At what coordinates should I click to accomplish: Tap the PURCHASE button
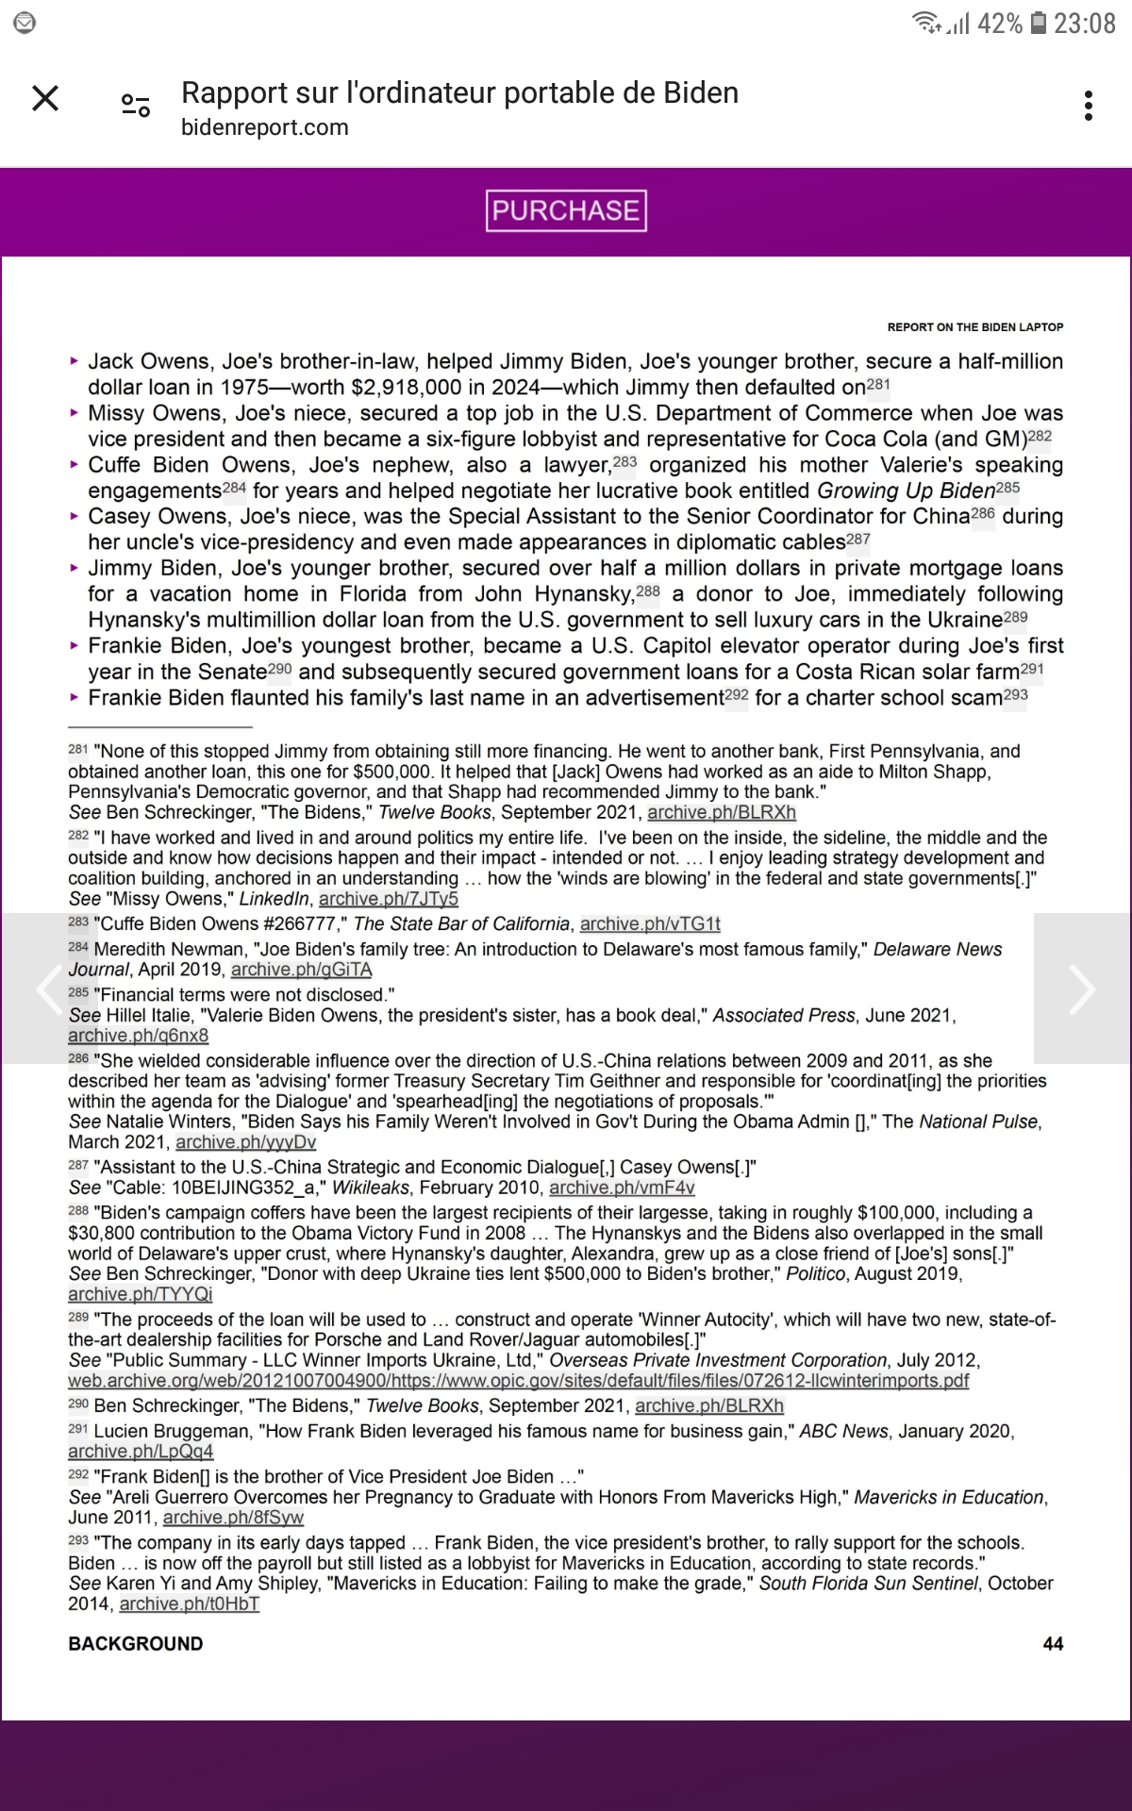[566, 210]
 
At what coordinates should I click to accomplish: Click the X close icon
[45, 98]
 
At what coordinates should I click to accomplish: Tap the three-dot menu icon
[1089, 106]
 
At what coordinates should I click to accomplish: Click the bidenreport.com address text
[264, 127]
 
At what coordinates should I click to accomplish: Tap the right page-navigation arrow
[1082, 989]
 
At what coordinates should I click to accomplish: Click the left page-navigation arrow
[47, 989]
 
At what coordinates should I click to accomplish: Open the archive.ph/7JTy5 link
[388, 899]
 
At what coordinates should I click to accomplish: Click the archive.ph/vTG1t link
[650, 923]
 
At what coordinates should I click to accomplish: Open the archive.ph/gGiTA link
[301, 970]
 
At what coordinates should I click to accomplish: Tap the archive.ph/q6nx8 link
[138, 1036]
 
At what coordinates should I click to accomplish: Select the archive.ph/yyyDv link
[245, 1142]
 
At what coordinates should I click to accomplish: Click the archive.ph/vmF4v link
[622, 1188]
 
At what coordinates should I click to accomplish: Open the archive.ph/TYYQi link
[140, 1294]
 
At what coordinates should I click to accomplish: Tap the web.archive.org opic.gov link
[518, 1381]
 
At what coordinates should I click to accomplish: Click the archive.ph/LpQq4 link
[141, 1452]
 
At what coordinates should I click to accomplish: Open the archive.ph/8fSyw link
[233, 1518]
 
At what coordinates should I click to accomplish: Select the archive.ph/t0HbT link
[190, 1603]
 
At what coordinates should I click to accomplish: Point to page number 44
[1053, 1644]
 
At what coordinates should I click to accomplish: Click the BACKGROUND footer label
[135, 1644]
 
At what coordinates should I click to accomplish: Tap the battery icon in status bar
[1038, 23]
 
